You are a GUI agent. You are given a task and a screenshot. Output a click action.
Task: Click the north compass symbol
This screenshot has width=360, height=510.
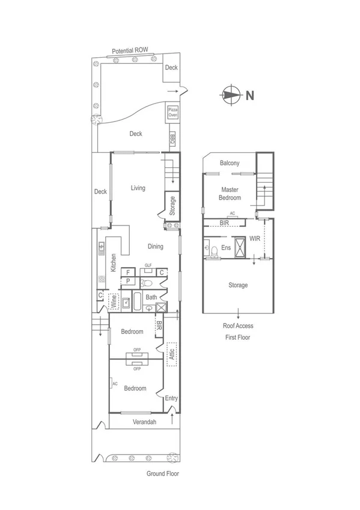pyautogui.click(x=231, y=94)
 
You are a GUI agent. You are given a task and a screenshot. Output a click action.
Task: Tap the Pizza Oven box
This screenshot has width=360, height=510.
pyautogui.click(x=172, y=112)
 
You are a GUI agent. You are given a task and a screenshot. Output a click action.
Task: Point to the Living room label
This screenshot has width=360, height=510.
pyautogui.click(x=138, y=188)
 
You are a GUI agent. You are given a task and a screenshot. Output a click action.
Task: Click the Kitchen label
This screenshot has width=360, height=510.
pyautogui.click(x=112, y=263)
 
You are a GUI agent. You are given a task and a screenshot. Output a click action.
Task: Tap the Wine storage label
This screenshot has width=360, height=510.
pyautogui.click(x=113, y=301)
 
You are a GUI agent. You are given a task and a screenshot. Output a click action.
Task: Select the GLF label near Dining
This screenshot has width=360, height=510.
pyautogui.click(x=148, y=265)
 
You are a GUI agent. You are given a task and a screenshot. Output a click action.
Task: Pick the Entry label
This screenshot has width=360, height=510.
pyautogui.click(x=171, y=398)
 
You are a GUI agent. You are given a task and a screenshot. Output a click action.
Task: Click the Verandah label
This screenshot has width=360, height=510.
pyautogui.click(x=144, y=422)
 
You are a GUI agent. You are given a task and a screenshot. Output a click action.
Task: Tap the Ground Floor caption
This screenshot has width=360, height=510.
pyautogui.click(x=162, y=473)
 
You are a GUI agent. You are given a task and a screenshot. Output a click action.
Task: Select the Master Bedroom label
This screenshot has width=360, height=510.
pyautogui.click(x=230, y=194)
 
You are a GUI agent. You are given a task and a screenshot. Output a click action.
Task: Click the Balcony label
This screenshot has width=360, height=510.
pyautogui.click(x=230, y=163)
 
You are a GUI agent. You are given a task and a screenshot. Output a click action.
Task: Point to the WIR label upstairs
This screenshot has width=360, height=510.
pyautogui.click(x=255, y=239)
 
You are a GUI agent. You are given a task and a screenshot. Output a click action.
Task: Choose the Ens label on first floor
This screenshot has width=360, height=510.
pyautogui.click(x=226, y=247)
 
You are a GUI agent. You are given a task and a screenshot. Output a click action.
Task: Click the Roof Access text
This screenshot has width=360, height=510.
pyautogui.click(x=238, y=326)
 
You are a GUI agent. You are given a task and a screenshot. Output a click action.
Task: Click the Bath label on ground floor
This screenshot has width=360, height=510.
pyautogui.click(x=151, y=297)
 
